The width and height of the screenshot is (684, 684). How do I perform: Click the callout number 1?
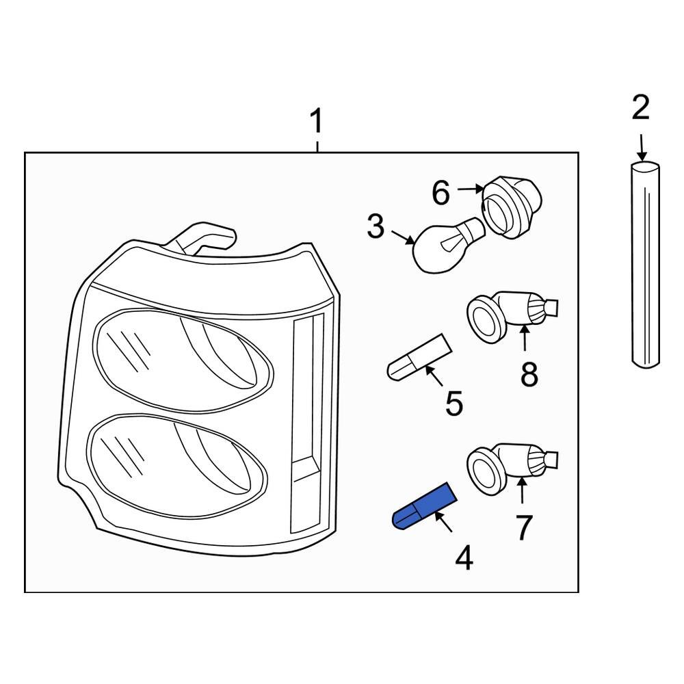(316, 122)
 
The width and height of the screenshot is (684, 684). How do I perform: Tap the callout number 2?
(640, 108)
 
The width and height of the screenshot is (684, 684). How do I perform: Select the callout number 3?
(376, 227)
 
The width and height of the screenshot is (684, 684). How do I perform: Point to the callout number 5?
(454, 404)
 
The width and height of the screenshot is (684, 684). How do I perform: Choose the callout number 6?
(440, 194)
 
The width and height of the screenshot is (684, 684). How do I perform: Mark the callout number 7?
(523, 527)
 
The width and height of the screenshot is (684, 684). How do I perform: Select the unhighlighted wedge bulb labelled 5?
(418, 357)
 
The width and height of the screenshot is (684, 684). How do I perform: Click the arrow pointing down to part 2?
(642, 146)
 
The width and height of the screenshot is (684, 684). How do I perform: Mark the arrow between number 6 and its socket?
(471, 188)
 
